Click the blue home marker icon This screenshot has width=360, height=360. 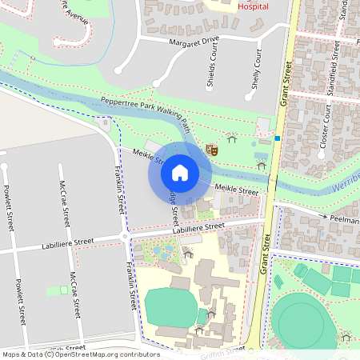(180, 172)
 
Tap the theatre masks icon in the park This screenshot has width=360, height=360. (212, 149)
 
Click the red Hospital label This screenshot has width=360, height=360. (254, 6)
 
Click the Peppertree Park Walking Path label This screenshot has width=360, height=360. (146, 112)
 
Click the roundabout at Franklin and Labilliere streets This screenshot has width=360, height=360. (125, 236)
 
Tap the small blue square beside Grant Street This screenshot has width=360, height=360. (277, 138)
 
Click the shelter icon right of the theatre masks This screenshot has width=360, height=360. (232, 139)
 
